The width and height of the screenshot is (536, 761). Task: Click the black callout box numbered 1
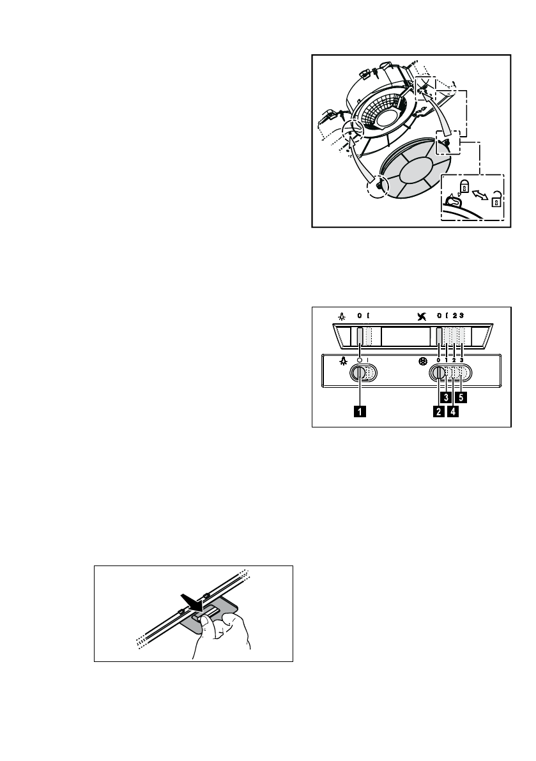(361, 412)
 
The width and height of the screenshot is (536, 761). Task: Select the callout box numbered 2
(438, 412)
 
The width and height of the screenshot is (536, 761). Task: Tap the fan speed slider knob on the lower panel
(440, 376)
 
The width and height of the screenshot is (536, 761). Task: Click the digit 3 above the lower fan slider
(461, 360)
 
